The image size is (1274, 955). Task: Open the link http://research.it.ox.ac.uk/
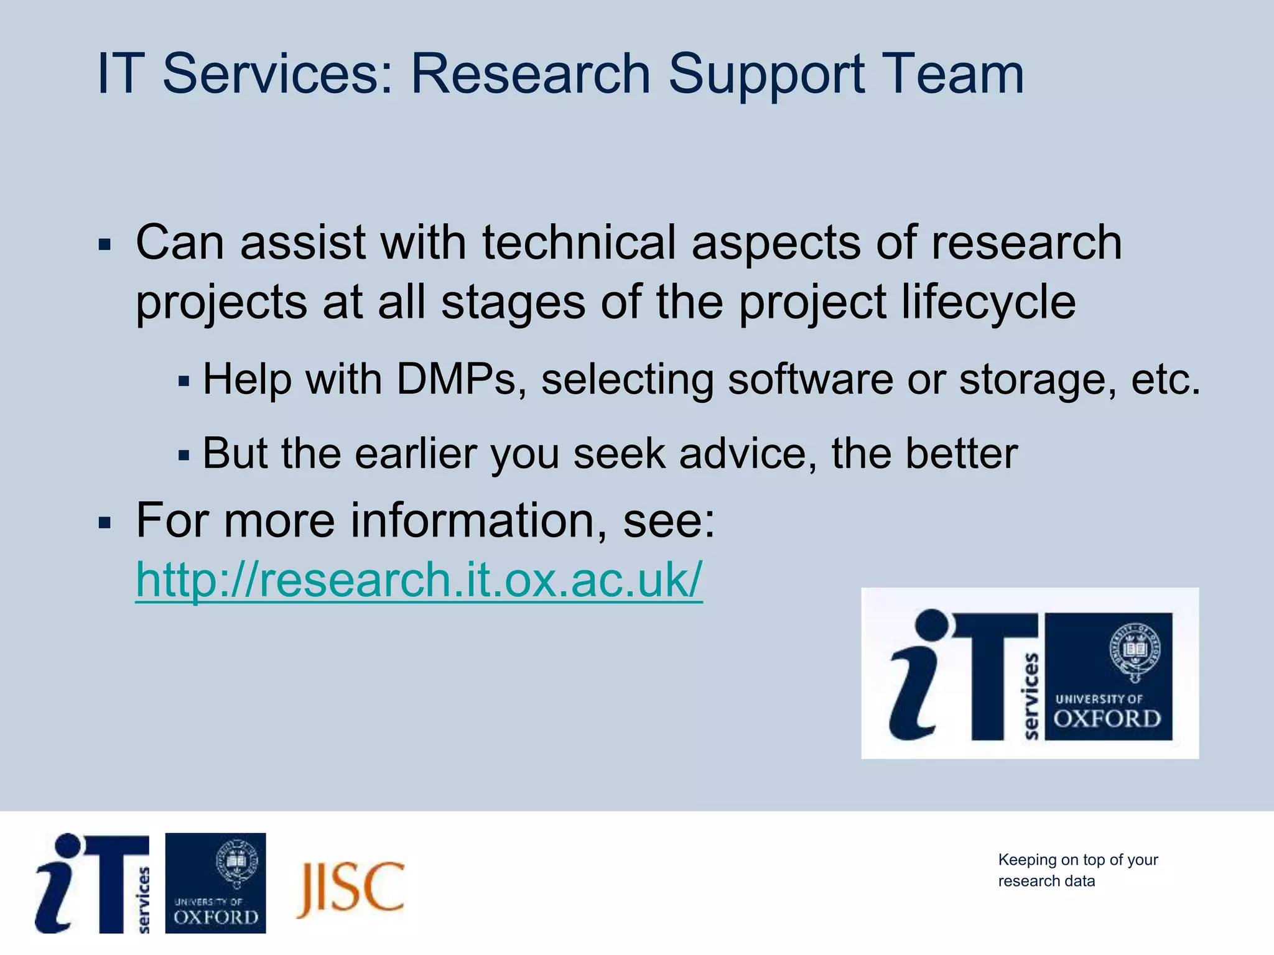coord(419,580)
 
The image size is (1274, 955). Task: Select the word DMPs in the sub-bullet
coord(456,379)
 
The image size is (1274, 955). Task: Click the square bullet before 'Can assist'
coord(105,244)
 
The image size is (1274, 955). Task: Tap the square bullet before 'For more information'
coord(105,522)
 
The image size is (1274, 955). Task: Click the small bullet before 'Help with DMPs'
coord(183,381)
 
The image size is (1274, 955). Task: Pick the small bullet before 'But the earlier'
coord(183,456)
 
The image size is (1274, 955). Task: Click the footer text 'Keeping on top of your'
coord(1077,860)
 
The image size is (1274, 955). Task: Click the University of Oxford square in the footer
coord(215,883)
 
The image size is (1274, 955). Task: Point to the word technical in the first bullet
coord(579,242)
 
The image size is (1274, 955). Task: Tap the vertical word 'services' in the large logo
coord(1031,696)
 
